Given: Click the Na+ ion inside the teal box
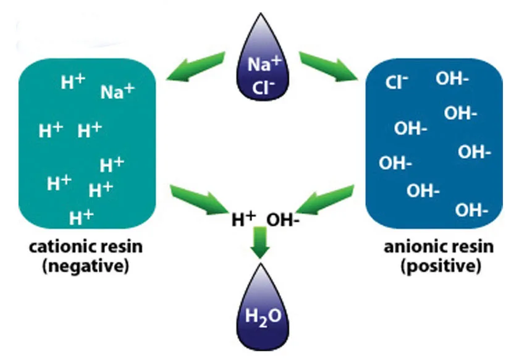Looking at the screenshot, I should [x=117, y=92].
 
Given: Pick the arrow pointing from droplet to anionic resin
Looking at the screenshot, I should [x=330, y=66].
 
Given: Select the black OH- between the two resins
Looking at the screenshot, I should [x=283, y=220].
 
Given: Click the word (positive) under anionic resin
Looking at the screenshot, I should [x=440, y=267].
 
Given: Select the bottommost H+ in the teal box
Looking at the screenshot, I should [x=81, y=216].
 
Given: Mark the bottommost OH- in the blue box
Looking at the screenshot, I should [x=471, y=210].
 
